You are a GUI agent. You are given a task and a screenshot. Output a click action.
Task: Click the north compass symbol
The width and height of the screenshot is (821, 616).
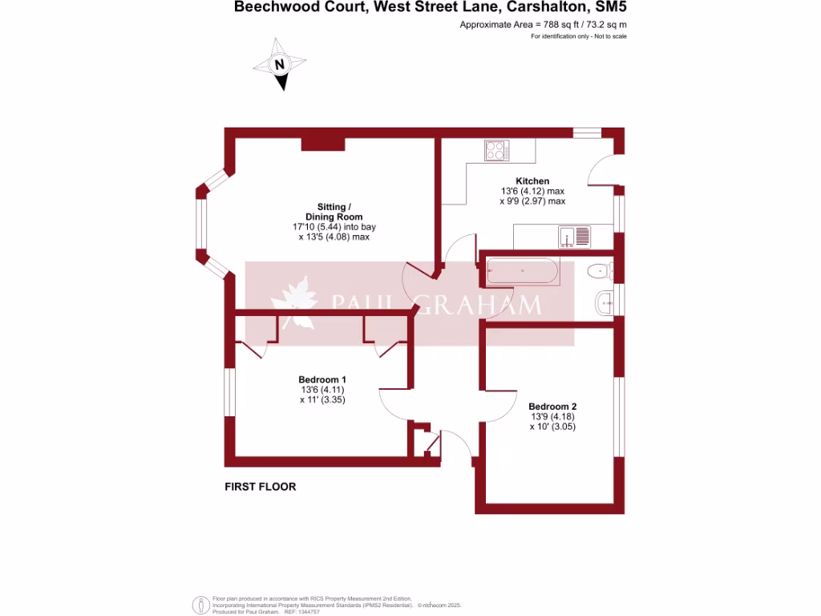tap(280, 64)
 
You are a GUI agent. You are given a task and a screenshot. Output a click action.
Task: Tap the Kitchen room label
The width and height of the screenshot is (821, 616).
tap(532, 181)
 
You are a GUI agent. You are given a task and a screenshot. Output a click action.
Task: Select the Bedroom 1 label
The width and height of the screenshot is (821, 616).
tap(322, 379)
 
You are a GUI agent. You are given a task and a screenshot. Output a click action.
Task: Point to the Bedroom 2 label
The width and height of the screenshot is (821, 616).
tap(552, 407)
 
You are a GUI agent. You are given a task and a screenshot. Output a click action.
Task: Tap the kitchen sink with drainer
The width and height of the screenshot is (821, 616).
tap(576, 237)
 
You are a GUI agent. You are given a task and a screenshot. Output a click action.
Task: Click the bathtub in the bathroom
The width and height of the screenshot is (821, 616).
tap(522, 271)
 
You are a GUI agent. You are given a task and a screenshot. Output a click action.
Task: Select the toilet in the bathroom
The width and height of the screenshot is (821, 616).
tap(600, 271)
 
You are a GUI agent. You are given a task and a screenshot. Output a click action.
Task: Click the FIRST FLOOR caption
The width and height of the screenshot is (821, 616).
tap(261, 487)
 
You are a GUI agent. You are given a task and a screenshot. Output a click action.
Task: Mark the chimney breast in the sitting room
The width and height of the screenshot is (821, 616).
tap(323, 144)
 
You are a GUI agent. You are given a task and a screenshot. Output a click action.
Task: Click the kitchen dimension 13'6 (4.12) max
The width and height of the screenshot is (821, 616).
tap(532, 192)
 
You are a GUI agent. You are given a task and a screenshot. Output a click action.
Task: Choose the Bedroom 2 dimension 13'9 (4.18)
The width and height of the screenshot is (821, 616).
tap(552, 417)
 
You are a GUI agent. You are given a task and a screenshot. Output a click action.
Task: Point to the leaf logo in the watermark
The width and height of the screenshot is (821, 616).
tap(293, 304)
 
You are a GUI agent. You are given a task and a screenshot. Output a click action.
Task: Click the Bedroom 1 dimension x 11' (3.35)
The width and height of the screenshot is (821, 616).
tap(322, 399)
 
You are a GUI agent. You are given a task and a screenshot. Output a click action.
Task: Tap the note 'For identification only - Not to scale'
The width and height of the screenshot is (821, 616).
tap(579, 36)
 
